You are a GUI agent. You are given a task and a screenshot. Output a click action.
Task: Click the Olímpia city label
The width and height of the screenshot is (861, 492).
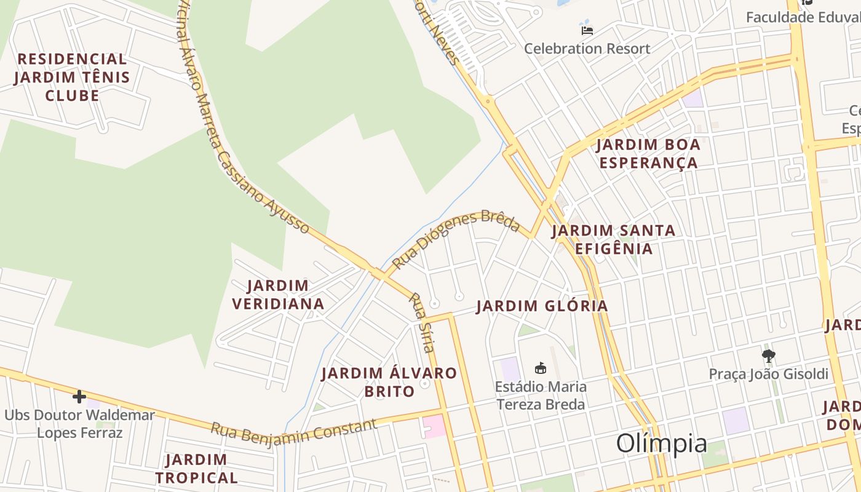tap(661, 443)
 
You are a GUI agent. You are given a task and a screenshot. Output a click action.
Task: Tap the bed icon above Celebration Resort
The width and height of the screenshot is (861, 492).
tap(587, 30)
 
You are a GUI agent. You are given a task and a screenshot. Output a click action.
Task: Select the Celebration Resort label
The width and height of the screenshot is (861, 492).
tap(587, 49)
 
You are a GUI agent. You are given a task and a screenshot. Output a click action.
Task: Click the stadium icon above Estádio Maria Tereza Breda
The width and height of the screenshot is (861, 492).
tap(541, 368)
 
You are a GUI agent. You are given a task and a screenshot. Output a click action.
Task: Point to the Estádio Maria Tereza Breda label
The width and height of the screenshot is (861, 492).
tap(541, 395)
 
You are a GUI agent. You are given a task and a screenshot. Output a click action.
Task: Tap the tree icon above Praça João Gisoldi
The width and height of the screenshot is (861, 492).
tap(768, 355)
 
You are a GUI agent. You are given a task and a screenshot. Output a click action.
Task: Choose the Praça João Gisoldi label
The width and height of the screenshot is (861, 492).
tap(768, 374)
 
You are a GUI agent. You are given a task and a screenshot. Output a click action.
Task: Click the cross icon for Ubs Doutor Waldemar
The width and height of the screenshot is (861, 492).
tap(79, 397)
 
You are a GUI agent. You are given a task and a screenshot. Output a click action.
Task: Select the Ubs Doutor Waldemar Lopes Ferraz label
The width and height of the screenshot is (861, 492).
tap(80, 424)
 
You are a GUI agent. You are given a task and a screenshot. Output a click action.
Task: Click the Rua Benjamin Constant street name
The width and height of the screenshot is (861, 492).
tap(293, 432)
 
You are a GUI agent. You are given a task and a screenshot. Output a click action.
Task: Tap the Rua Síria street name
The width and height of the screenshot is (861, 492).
tap(422, 322)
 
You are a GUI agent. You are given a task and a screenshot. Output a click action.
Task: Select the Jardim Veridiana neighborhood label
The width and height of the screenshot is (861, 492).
tap(286, 295)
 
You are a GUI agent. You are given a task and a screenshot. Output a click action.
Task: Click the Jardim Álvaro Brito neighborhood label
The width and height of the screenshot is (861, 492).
tap(389, 382)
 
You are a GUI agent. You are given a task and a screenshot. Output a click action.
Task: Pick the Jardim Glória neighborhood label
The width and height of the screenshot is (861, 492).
tap(542, 306)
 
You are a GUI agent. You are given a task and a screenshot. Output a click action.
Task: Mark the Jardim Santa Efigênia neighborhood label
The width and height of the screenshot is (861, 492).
tap(613, 239)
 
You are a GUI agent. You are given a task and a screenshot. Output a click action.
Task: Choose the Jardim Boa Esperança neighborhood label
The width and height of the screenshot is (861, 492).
tap(648, 154)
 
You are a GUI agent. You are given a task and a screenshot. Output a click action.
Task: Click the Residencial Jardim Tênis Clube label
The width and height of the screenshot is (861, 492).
tap(72, 77)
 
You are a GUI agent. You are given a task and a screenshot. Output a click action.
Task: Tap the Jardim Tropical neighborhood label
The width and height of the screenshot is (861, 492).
tap(196, 469)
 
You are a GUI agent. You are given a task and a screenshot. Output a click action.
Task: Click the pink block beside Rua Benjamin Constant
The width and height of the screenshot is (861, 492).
tap(434, 426)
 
